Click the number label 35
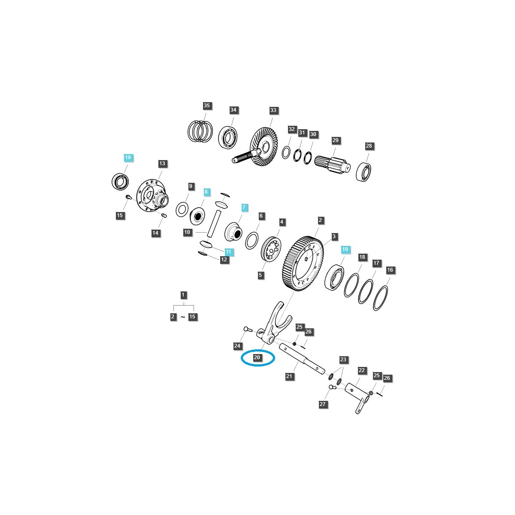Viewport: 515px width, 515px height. tap(207, 106)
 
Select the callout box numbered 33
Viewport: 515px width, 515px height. tap(273, 110)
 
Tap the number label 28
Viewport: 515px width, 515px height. tap(369, 146)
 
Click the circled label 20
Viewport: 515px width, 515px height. tap(257, 357)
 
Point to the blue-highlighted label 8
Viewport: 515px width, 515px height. tap(206, 192)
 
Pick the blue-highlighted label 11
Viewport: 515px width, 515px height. tap(228, 251)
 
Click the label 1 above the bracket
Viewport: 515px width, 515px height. tap(183, 295)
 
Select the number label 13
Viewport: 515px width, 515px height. tap(162, 164)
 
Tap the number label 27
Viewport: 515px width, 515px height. tap(323, 404)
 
